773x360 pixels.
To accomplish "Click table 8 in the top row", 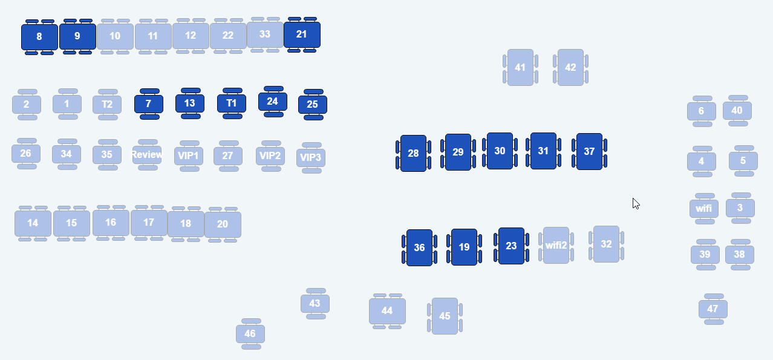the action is (x=39, y=36).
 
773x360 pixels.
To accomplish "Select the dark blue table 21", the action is (x=302, y=34).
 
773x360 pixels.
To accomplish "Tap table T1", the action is (x=232, y=103).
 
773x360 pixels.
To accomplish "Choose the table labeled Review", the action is (x=148, y=155).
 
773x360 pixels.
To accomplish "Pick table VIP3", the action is (x=311, y=158).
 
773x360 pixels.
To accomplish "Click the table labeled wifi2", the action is (x=556, y=246).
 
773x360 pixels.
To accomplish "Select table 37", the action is (x=589, y=151).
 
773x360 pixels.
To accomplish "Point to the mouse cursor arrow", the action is (x=636, y=203).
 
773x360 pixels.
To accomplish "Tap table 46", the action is (x=250, y=334).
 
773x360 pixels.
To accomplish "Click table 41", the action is (x=520, y=67).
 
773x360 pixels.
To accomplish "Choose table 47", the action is (x=713, y=309).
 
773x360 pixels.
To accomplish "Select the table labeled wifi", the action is (x=704, y=209).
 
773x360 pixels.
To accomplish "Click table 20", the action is (x=223, y=224).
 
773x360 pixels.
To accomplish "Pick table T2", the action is (x=107, y=104).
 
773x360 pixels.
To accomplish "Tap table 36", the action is (x=419, y=247).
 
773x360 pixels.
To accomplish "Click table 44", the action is (x=387, y=311).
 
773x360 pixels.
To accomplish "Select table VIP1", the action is (x=189, y=156).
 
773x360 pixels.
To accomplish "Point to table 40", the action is (x=737, y=111).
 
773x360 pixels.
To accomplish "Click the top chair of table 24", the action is (x=273, y=89).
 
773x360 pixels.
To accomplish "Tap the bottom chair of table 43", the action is (x=316, y=316).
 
